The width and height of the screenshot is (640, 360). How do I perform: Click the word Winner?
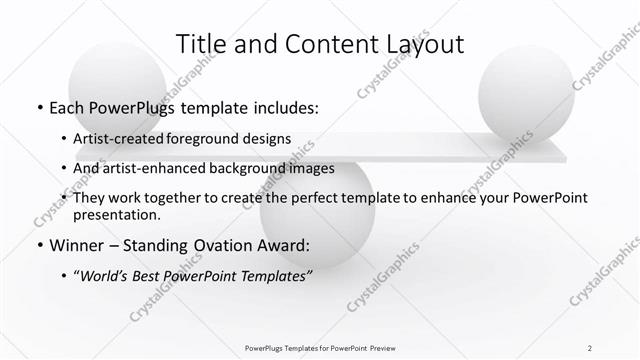[76, 245]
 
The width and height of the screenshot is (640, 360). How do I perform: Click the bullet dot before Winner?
[37, 246]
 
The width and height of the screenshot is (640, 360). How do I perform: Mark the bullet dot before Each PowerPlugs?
[37, 106]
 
